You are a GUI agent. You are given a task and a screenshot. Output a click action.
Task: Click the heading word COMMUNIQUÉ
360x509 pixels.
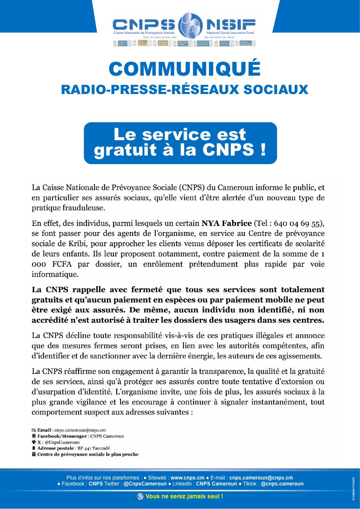click(184, 69)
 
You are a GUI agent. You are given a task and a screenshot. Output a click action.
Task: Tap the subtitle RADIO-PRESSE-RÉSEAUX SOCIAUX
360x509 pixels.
click(184, 89)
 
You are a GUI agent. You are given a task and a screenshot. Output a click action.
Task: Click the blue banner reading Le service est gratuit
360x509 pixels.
click(180, 143)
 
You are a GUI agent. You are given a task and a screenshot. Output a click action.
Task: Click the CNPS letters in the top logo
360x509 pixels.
click(144, 24)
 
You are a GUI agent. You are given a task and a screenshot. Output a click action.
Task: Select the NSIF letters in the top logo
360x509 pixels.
click(230, 24)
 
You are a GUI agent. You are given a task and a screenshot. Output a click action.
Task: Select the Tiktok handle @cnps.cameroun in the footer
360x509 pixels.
click(282, 484)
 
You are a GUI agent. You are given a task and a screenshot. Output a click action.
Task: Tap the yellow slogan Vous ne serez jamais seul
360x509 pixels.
click(184, 496)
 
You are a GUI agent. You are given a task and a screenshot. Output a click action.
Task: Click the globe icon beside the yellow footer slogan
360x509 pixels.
click(140, 496)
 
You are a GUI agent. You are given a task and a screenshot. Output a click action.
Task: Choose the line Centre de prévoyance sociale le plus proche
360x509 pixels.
click(88, 454)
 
